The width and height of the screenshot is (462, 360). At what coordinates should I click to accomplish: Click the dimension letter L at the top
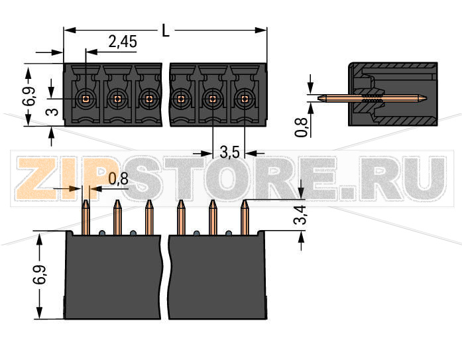pyautogui.click(x=166, y=30)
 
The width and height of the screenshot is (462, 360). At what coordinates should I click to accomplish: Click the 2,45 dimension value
pyautogui.click(x=123, y=42)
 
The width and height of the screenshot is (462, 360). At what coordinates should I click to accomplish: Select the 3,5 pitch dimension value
pyautogui.click(x=229, y=153)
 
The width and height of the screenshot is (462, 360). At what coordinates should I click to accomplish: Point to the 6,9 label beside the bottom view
pyautogui.click(x=40, y=275)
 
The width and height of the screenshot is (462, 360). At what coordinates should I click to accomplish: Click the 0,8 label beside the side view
pyautogui.click(x=302, y=126)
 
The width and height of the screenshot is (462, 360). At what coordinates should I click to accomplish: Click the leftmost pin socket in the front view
pyautogui.click(x=85, y=99)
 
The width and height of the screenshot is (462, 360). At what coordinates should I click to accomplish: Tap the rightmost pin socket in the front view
pyautogui.click(x=245, y=99)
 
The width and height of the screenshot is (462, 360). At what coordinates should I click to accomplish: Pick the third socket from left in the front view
pyautogui.click(x=148, y=99)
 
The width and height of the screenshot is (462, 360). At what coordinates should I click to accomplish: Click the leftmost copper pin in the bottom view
pyautogui.click(x=86, y=217)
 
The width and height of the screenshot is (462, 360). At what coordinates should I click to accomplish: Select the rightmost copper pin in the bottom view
pyautogui.click(x=244, y=217)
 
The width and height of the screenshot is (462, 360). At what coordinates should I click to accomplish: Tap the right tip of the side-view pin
pyautogui.click(x=426, y=99)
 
